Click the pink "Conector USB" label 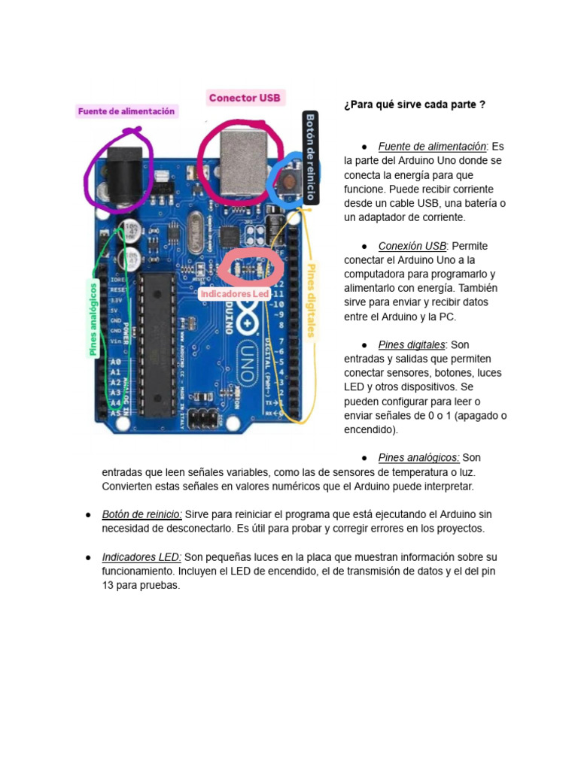[245, 98]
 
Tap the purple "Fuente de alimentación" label [126, 111]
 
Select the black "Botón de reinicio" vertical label [310, 158]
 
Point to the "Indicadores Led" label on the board [234, 294]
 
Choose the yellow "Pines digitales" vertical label [311, 300]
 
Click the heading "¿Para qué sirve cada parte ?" [414, 105]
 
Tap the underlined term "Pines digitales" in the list [412, 344]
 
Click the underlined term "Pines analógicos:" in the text [419, 457]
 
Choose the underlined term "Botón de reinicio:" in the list [141, 514]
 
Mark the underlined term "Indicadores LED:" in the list [141, 557]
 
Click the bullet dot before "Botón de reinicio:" [87, 515]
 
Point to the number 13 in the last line [108, 585]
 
